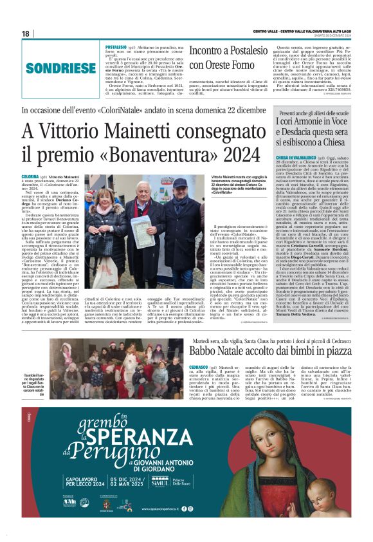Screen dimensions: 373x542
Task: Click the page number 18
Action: click(x=26, y=33)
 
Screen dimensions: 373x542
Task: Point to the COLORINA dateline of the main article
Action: click(x=30, y=176)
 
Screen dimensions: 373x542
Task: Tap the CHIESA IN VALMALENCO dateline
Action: click(x=297, y=157)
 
